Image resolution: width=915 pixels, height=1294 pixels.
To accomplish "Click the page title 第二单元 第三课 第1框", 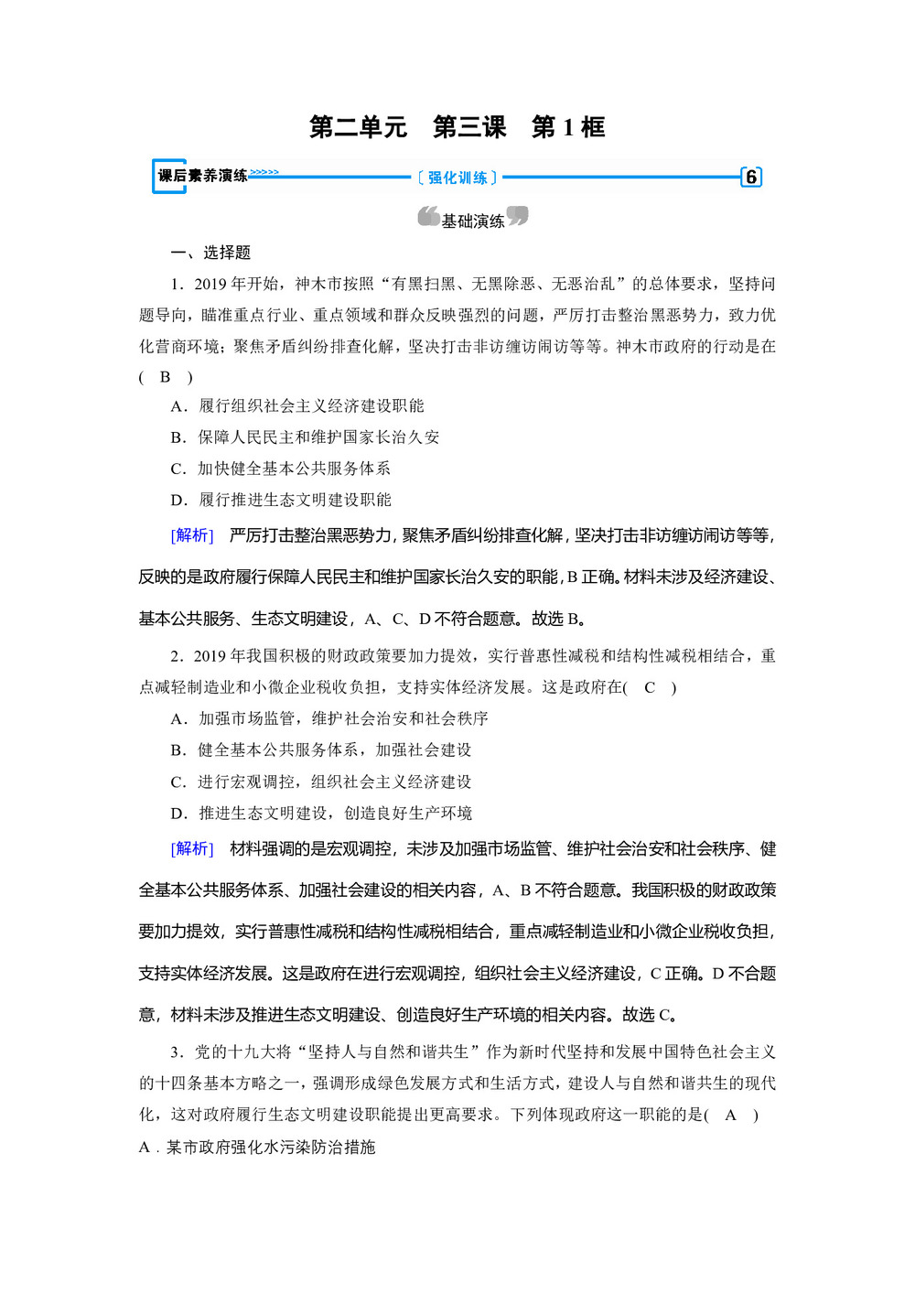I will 457,126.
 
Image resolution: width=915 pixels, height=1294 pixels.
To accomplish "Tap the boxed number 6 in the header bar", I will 750,177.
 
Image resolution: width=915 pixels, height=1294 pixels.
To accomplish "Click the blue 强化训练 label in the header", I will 457,178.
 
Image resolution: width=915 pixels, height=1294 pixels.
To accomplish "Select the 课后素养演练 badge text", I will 202,176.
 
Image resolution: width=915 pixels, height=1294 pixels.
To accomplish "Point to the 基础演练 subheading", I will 472,221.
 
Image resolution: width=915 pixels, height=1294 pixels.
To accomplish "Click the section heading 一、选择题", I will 210,253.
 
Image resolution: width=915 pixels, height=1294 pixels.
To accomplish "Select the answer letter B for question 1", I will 165,376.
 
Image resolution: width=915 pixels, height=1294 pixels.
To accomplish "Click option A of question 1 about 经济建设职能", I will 298,405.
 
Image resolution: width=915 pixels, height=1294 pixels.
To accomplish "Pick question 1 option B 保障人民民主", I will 306,437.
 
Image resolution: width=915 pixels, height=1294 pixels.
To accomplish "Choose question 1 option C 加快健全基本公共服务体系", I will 281,468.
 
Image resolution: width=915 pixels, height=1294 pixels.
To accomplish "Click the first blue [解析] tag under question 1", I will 192,534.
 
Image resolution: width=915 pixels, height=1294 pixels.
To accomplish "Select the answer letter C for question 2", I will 650,686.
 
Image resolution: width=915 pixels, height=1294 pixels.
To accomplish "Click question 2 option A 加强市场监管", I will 329,717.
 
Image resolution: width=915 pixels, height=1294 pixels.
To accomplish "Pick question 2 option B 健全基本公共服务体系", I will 321,749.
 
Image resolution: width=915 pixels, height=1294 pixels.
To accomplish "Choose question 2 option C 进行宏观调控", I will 321,782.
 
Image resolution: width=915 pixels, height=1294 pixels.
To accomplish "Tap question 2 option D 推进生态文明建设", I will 321,813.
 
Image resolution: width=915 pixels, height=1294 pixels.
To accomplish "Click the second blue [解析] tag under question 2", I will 192,848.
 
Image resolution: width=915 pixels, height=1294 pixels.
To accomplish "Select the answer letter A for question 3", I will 730,1114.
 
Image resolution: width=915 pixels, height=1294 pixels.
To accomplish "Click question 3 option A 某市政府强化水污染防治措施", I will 257,1147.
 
